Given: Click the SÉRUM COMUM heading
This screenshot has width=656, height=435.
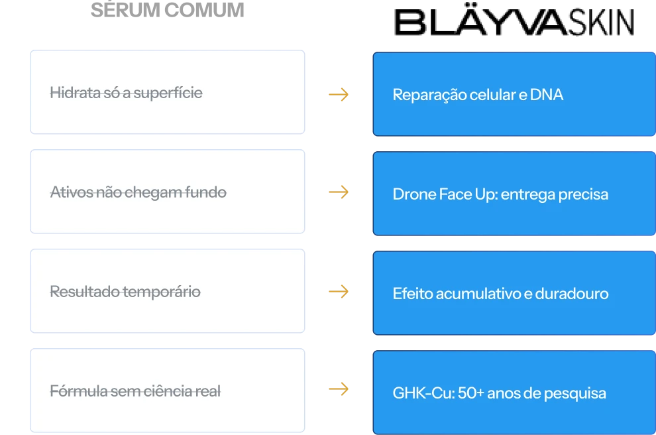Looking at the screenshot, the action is click(168, 10).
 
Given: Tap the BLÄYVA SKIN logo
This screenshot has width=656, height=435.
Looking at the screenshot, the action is click(514, 21).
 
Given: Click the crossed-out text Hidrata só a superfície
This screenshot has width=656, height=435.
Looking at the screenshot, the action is click(126, 93).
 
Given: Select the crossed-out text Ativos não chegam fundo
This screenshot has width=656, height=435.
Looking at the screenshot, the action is click(138, 192).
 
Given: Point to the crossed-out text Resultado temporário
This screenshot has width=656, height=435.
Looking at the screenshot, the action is click(125, 292).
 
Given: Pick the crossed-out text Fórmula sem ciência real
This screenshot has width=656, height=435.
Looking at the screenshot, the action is click(135, 391).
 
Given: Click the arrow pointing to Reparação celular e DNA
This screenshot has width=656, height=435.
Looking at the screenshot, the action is click(339, 95).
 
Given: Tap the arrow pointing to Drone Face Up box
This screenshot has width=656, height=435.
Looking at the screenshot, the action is click(339, 192).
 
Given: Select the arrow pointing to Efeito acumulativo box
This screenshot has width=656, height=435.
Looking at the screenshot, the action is click(339, 291).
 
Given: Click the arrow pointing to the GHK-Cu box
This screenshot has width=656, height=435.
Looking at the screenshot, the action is click(339, 389).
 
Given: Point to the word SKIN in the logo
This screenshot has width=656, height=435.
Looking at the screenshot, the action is click(601, 22).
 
